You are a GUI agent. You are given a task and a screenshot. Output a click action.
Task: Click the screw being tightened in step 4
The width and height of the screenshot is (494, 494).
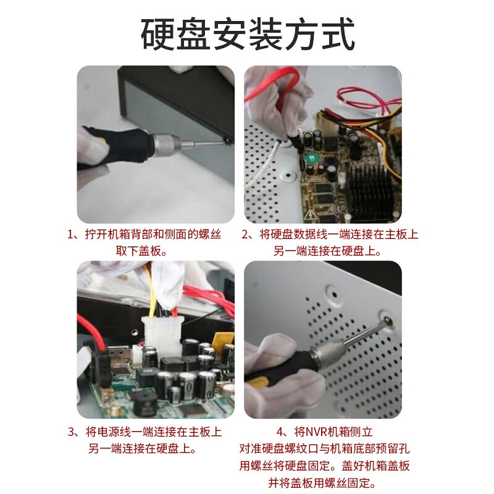[388, 320]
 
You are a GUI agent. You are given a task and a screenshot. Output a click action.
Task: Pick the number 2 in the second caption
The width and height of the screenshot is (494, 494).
[245, 235]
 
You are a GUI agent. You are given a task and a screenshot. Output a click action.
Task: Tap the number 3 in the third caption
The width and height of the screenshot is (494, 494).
[71, 432]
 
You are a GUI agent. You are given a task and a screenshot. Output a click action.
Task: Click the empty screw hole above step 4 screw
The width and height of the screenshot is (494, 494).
[332, 289]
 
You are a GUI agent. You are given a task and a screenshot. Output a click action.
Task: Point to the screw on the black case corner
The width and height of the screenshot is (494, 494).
[229, 141]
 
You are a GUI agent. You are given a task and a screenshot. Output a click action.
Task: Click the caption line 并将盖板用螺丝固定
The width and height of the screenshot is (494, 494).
[321, 482]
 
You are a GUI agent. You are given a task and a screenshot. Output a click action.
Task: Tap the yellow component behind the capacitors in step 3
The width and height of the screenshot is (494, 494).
[221, 339]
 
